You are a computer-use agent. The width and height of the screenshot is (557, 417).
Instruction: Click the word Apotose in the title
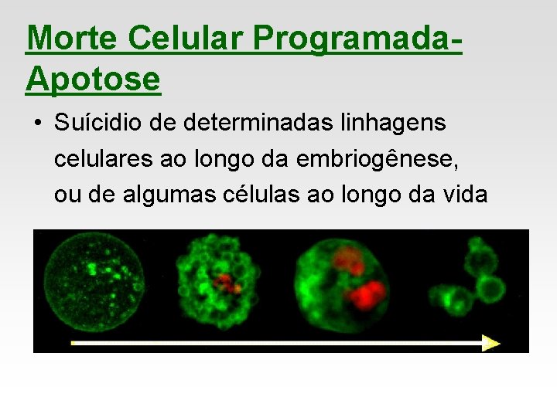(x=93, y=78)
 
